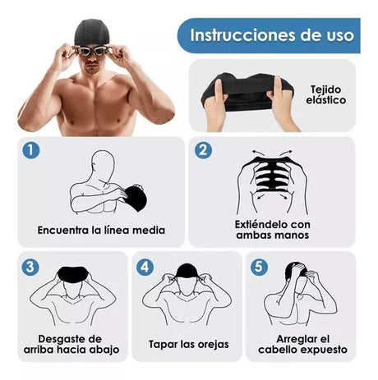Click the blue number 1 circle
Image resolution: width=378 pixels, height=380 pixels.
31,150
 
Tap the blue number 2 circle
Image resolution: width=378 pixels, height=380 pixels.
203,150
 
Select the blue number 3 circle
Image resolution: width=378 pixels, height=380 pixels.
30,267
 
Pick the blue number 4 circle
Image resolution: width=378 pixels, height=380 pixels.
145,267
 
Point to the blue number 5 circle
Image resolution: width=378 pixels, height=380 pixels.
259,266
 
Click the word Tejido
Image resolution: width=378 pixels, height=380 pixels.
326,90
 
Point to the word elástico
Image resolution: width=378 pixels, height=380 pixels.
326,100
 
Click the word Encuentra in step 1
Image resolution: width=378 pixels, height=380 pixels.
63,230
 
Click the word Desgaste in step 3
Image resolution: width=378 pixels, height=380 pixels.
58,339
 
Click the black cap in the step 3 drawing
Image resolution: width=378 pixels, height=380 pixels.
73,274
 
